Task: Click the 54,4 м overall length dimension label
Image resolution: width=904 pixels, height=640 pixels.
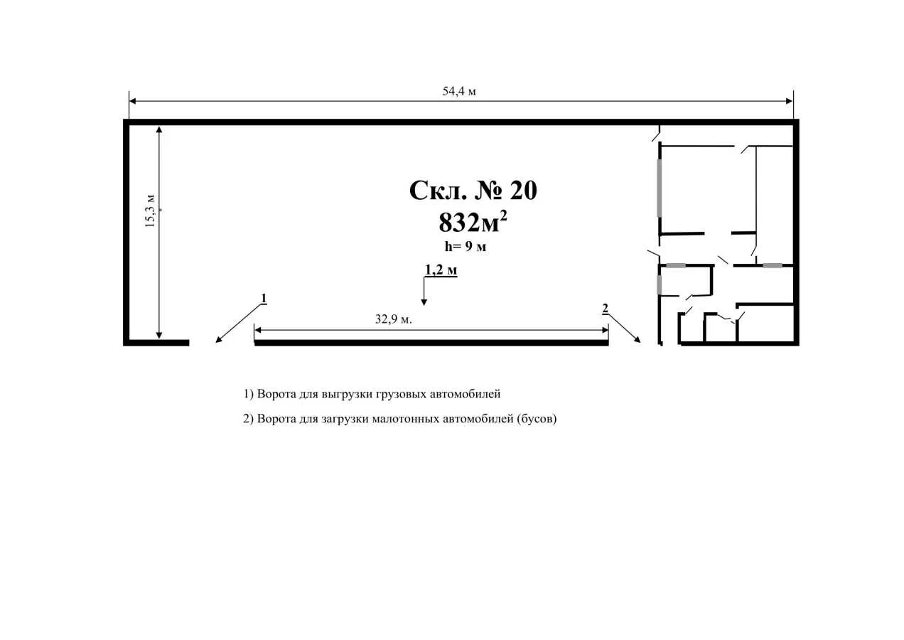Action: point(459,92)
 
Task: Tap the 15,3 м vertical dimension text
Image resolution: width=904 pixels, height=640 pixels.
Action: point(150,211)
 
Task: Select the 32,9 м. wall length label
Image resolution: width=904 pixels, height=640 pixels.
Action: point(394,319)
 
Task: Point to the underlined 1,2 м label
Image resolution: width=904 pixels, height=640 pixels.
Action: point(441,270)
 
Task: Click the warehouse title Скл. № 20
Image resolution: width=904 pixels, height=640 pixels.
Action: point(473,191)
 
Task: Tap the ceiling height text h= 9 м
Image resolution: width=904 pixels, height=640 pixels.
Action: point(466,246)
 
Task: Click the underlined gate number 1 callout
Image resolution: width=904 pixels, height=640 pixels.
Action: point(264,299)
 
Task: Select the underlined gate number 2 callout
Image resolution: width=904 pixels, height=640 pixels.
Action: point(605,309)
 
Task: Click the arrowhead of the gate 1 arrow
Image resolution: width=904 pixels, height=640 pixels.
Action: point(218,340)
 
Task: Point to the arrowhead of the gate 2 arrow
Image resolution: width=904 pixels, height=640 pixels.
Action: point(637,340)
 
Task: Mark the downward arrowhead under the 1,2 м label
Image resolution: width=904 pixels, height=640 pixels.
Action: point(424,302)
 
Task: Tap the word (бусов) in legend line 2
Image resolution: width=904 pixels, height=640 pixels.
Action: point(537,419)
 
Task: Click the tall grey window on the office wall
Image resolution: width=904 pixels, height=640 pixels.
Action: point(659,188)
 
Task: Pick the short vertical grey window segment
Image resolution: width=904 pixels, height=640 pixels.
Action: point(659,284)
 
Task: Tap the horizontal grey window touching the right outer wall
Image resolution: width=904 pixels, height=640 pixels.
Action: point(773,266)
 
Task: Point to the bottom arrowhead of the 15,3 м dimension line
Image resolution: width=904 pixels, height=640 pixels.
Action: point(159,335)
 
